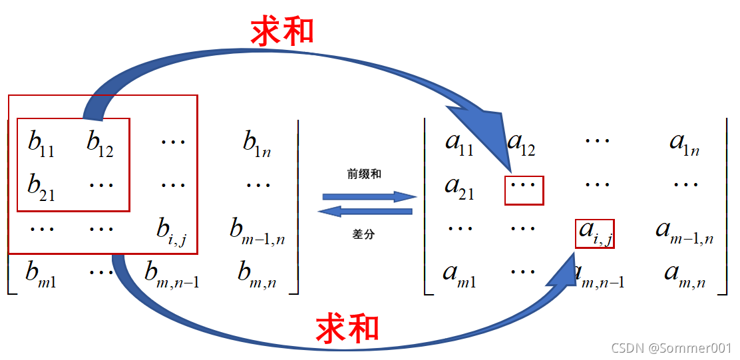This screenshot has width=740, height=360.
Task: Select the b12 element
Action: [100, 142]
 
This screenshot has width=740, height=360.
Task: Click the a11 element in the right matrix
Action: [459, 142]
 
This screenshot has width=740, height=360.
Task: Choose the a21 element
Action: [459, 186]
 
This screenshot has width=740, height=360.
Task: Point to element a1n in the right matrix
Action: [684, 142]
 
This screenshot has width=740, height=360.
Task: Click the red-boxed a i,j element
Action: [594, 233]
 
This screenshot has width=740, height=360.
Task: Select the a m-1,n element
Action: [684, 230]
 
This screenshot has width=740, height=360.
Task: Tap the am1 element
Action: [459, 273]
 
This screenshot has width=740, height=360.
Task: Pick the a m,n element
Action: [684, 273]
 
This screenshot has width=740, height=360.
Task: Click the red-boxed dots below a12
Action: [524, 190]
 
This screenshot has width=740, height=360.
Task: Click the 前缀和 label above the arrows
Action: [364, 174]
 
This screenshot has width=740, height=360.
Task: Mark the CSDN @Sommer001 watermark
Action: [671, 347]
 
